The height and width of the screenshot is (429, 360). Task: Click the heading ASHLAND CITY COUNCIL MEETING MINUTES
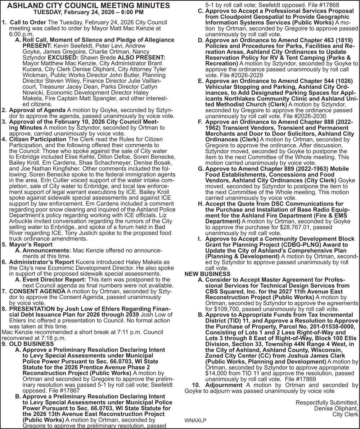pyautogui.click(x=89, y=5)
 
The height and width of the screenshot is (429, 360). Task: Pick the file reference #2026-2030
pyautogui.click(x=309, y=116)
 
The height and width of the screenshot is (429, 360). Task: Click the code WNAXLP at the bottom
pyautogui.click(x=195, y=420)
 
